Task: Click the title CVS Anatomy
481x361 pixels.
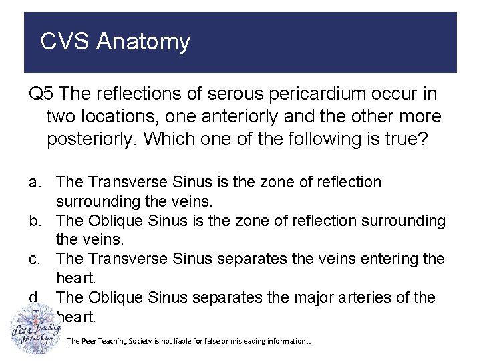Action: pos(115,41)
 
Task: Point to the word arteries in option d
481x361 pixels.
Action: pos(370,297)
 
